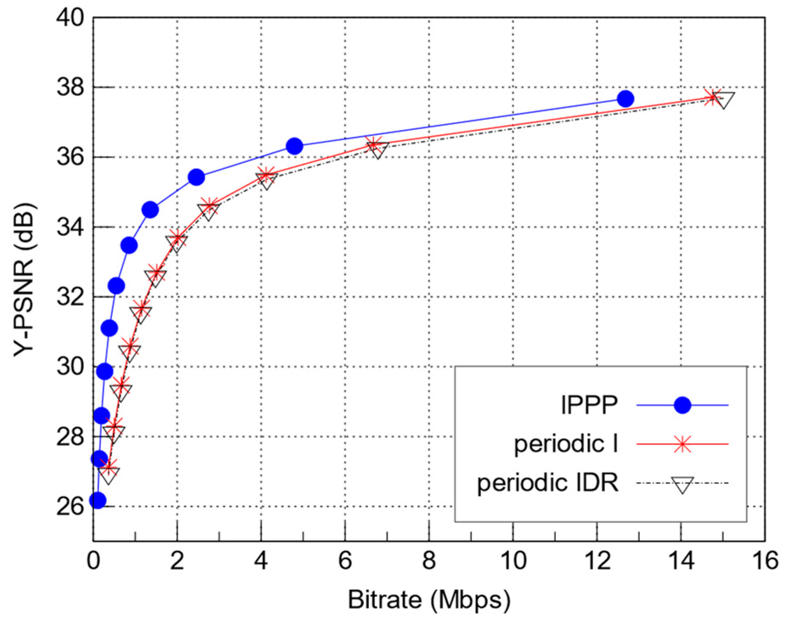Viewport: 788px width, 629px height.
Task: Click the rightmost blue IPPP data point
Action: tap(625, 99)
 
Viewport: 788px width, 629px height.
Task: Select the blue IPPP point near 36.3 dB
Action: tap(294, 146)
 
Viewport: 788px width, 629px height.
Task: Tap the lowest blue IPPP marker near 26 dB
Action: tap(98, 500)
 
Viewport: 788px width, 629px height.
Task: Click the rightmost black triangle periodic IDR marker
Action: tap(724, 100)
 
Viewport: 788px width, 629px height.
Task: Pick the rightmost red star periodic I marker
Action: tap(712, 97)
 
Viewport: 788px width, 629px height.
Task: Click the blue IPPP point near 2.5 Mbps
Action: tap(196, 177)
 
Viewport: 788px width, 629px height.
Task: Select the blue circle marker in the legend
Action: tap(682, 405)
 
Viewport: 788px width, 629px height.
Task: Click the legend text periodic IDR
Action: tap(547, 483)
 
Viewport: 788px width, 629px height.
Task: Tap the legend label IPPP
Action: tap(589, 405)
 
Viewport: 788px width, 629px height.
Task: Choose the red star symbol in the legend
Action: tap(682, 444)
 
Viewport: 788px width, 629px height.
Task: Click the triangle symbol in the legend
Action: tap(682, 484)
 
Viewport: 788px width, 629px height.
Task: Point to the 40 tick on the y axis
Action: tap(70, 18)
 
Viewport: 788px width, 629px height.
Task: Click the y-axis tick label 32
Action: tap(70, 297)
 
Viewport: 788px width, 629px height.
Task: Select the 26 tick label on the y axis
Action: tap(70, 506)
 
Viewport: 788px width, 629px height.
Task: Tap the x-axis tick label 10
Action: tap(513, 561)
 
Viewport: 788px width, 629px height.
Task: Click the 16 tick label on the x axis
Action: tap(765, 561)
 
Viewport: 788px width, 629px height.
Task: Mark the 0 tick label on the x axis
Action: tap(93, 561)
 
